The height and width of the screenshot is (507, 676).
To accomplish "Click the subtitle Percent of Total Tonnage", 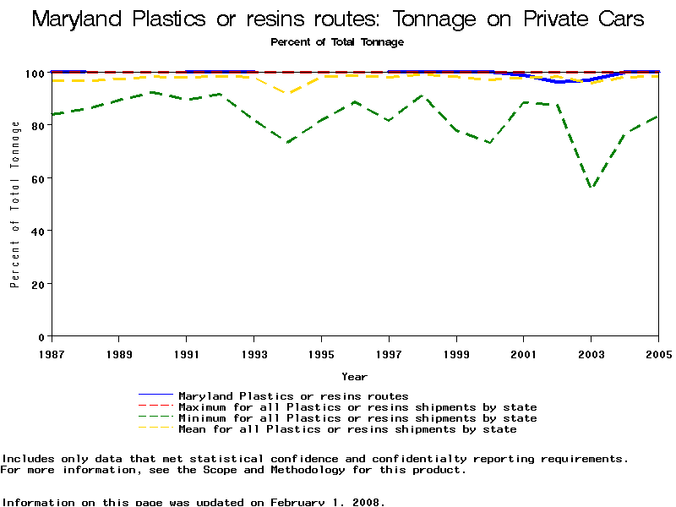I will pyautogui.click(x=337, y=41).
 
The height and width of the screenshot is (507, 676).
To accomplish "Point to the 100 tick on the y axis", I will pyautogui.click(x=38, y=73).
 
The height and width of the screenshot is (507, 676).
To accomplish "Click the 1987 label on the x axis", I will pyautogui.click(x=52, y=352).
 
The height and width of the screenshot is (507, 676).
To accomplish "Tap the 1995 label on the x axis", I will pyautogui.click(x=321, y=352).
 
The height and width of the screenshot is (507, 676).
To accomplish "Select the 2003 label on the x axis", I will pyautogui.click(x=591, y=352).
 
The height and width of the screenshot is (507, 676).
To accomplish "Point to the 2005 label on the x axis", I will pyautogui.click(x=658, y=352).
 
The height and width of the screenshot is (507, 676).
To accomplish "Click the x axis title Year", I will pyautogui.click(x=354, y=377).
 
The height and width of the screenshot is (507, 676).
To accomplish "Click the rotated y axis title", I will pyautogui.click(x=15, y=204).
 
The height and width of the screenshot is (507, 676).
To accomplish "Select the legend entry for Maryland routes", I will pyautogui.click(x=293, y=395).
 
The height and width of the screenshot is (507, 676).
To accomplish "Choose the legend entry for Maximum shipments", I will pyautogui.click(x=357, y=406).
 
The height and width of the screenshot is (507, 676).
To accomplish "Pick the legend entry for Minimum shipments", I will pyautogui.click(x=357, y=417).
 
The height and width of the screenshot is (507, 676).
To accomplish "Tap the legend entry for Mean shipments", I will pyautogui.click(x=347, y=428).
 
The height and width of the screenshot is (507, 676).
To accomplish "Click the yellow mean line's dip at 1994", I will pyautogui.click(x=287, y=93).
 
